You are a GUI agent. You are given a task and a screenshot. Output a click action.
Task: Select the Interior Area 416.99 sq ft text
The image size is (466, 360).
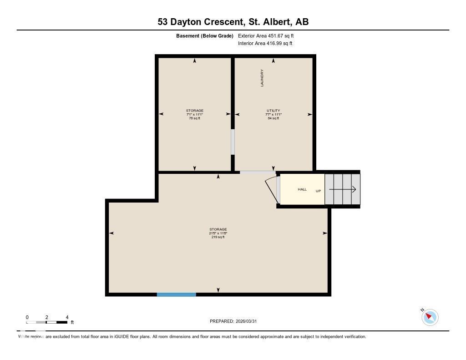tap(265, 44)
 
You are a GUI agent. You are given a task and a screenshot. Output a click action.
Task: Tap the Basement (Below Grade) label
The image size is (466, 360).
tap(205, 35)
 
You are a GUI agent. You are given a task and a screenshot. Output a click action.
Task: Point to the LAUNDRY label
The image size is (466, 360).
tap(262, 78)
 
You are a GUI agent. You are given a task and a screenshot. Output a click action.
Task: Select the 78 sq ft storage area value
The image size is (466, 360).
tap(194, 118)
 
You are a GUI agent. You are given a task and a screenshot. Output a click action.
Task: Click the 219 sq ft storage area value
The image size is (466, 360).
tap(218, 237)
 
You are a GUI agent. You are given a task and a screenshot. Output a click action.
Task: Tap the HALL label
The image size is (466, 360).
tap(302, 189)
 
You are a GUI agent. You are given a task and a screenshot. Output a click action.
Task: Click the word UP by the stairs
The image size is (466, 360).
tap(318, 191)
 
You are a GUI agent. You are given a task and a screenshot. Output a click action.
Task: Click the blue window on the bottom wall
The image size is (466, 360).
tap(177, 294)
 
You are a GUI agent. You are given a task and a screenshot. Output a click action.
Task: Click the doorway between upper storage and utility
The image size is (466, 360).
tap(233, 142)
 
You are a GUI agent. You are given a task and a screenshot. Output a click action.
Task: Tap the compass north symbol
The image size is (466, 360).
tap(430, 317)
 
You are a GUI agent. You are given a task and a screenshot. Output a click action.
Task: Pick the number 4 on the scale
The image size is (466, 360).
tap(67, 317)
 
